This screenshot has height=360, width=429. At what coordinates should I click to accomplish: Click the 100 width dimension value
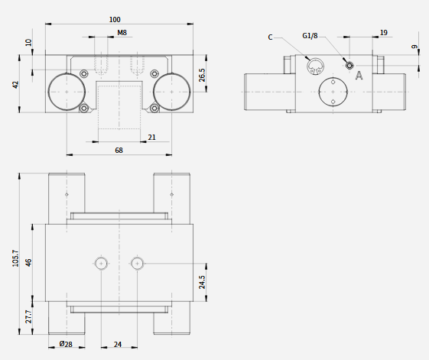[115, 20]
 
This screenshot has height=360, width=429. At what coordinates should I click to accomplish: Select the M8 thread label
[122, 33]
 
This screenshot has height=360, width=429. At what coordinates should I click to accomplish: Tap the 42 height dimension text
[16, 85]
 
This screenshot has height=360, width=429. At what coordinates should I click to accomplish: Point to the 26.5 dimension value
[202, 75]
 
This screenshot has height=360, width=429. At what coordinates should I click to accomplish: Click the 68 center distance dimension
[119, 150]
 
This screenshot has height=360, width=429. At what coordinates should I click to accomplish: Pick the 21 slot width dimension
[152, 138]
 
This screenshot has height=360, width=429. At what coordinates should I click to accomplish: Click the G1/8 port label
[310, 36]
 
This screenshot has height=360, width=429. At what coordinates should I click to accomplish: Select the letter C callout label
[270, 37]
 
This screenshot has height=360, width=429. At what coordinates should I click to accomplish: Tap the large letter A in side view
[359, 75]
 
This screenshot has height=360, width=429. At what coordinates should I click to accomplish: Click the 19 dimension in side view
[384, 33]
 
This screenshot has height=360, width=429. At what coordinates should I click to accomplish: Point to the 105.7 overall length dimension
[15, 258]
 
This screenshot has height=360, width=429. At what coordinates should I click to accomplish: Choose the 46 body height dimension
[28, 262]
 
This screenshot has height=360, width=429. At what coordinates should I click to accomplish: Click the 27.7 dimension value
[28, 316]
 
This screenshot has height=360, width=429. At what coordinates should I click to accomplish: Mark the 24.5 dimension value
[202, 282]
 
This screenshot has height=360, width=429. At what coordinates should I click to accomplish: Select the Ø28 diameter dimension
[66, 344]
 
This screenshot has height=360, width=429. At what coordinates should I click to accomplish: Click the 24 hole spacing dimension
[118, 345]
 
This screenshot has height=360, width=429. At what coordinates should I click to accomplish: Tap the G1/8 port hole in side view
[349, 66]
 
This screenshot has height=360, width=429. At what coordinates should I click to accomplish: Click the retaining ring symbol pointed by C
[315, 66]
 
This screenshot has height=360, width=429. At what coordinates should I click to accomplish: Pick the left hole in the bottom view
[101, 264]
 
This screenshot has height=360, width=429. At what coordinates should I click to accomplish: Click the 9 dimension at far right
[414, 47]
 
